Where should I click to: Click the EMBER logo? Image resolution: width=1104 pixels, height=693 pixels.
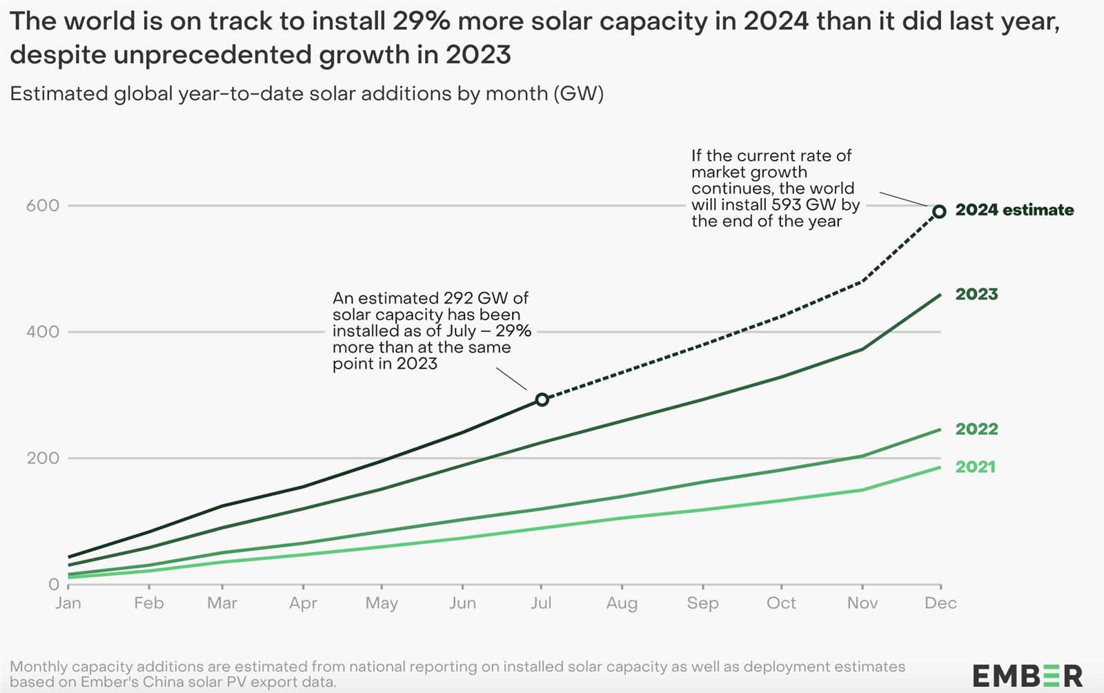(1027, 676)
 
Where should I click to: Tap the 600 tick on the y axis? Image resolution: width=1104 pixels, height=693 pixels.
(42, 206)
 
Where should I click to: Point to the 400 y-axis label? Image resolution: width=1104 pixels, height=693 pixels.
(42, 332)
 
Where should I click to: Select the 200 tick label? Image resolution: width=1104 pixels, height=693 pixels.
(42, 458)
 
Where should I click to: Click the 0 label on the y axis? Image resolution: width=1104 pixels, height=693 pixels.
(54, 585)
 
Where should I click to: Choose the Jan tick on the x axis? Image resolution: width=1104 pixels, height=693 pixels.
(68, 603)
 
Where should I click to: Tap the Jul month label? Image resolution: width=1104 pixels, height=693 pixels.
(541, 603)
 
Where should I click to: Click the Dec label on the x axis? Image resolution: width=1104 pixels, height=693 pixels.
(940, 603)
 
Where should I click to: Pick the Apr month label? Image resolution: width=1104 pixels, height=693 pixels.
(303, 603)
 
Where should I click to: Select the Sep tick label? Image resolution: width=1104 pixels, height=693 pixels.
(703, 603)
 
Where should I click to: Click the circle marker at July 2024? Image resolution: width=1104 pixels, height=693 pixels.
(542, 400)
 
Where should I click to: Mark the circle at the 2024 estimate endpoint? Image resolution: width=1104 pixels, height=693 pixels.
(939, 211)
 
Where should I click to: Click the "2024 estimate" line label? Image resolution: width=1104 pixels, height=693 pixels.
(1014, 210)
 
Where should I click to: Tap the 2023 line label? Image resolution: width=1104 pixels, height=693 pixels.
(976, 294)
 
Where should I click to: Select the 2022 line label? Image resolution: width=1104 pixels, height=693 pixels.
(976, 429)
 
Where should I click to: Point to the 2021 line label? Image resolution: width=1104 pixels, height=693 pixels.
(976, 467)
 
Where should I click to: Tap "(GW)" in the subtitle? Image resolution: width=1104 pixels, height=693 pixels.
(578, 94)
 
